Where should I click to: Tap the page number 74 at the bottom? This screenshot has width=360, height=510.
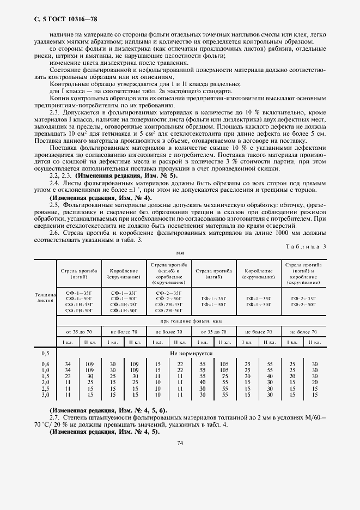tap(179, 442)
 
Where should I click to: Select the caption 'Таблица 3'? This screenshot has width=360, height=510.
tap(305, 246)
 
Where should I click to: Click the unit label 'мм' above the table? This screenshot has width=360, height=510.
tap(180, 253)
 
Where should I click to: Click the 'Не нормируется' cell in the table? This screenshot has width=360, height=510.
tap(192, 353)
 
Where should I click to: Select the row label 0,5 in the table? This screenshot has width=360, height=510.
tap(45, 353)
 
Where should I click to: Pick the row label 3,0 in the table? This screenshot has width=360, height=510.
tap(45, 394)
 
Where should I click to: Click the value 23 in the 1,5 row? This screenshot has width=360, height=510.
tap(68, 376)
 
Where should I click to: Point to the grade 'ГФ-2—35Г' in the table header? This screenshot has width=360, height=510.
tap(303, 298)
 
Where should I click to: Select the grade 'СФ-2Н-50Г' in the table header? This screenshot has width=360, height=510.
tap(169, 309)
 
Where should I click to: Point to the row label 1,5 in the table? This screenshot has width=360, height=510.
tap(45, 376)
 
